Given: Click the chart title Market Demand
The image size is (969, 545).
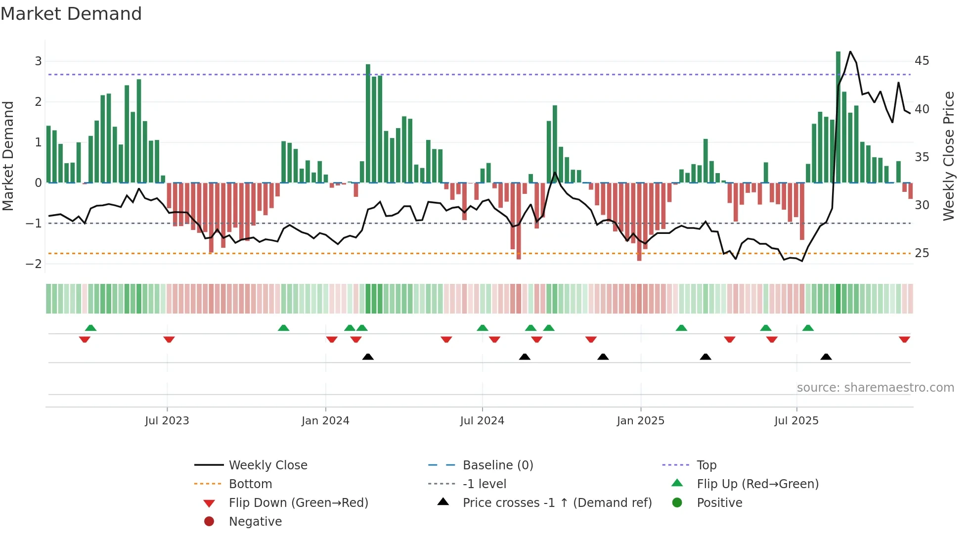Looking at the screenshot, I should pyautogui.click(x=71, y=14).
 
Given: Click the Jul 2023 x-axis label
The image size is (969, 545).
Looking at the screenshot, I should pyautogui.click(x=167, y=421).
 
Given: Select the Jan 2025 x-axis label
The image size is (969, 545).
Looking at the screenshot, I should pyautogui.click(x=640, y=421).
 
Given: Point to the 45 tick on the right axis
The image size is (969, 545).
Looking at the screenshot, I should pyautogui.click(x=922, y=61).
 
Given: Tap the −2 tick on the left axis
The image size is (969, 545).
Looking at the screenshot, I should pyautogui.click(x=34, y=264).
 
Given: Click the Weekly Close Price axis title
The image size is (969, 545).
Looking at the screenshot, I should pyautogui.click(x=948, y=156).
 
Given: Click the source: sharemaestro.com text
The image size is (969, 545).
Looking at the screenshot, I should pyautogui.click(x=875, y=388).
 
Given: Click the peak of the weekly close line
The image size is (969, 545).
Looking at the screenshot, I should pyautogui.click(x=850, y=52).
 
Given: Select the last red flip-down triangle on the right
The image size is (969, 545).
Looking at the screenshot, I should pyautogui.click(x=904, y=339).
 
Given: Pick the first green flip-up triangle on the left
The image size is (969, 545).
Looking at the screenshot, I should pyautogui.click(x=90, y=328).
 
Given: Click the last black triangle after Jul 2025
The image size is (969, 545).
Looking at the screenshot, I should pyautogui.click(x=826, y=357).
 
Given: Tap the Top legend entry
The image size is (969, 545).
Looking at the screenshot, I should pyautogui.click(x=706, y=465).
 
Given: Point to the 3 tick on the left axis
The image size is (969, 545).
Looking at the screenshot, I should pyautogui.click(x=38, y=61).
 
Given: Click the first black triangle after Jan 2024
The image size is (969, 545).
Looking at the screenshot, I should pyautogui.click(x=368, y=357).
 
